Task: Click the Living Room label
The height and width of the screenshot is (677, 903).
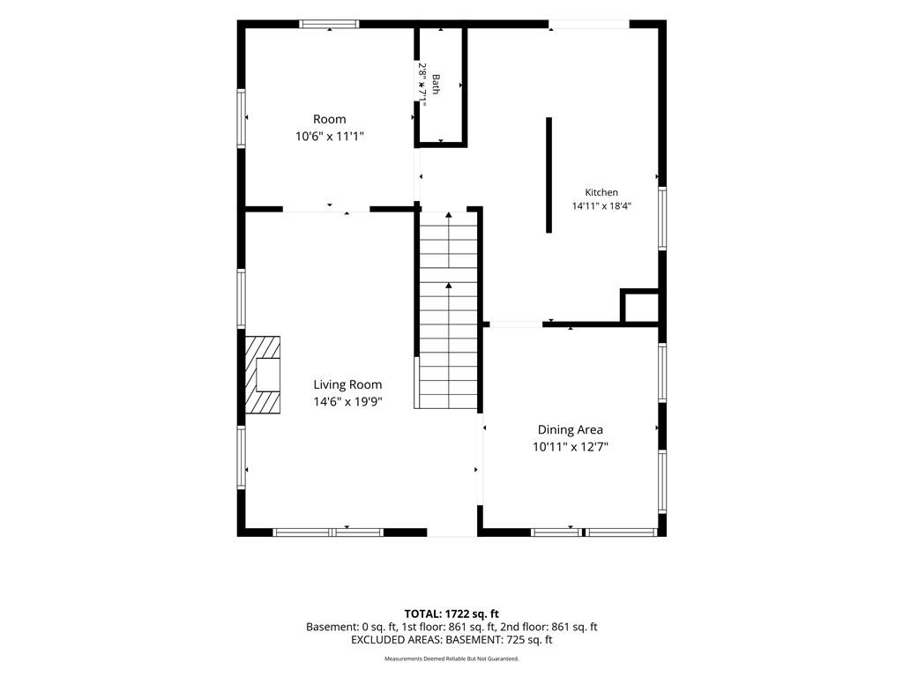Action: point(347,384)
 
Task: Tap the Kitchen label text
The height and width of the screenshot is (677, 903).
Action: point(601,192)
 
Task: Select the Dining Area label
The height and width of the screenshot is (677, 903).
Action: point(571,429)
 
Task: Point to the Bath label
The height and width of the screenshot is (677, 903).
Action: point(436,84)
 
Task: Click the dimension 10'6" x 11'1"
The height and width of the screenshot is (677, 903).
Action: point(330,137)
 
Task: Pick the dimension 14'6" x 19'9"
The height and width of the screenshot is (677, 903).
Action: point(347,402)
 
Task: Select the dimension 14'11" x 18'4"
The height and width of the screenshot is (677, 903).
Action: point(601,206)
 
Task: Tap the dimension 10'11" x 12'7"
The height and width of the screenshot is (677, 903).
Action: point(571,447)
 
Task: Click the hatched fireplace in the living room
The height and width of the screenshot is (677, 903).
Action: point(263,375)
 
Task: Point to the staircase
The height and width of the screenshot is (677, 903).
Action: point(449,309)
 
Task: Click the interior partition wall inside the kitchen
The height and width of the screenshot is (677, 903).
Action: point(549,175)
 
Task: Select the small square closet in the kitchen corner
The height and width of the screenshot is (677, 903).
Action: point(639,306)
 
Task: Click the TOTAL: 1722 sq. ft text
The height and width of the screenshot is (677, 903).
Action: point(451,614)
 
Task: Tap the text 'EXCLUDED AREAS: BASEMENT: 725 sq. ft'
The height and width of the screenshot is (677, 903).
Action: point(451,640)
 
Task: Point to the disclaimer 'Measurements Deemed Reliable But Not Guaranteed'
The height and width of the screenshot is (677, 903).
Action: point(451,658)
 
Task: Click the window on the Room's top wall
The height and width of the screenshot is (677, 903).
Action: point(330,24)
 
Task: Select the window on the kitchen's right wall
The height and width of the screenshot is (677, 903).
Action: point(662,219)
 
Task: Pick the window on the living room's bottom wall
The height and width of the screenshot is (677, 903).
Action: point(328,532)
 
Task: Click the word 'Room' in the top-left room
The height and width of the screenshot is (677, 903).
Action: point(330,119)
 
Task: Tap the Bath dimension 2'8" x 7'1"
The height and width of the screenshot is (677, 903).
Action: point(422,84)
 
